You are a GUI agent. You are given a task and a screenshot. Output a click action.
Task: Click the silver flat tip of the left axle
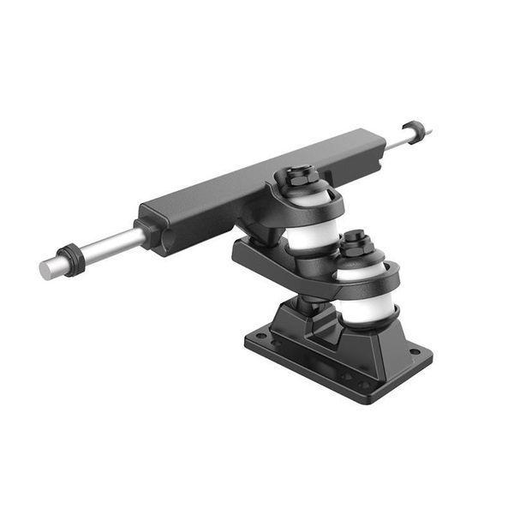(x=45, y=270)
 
